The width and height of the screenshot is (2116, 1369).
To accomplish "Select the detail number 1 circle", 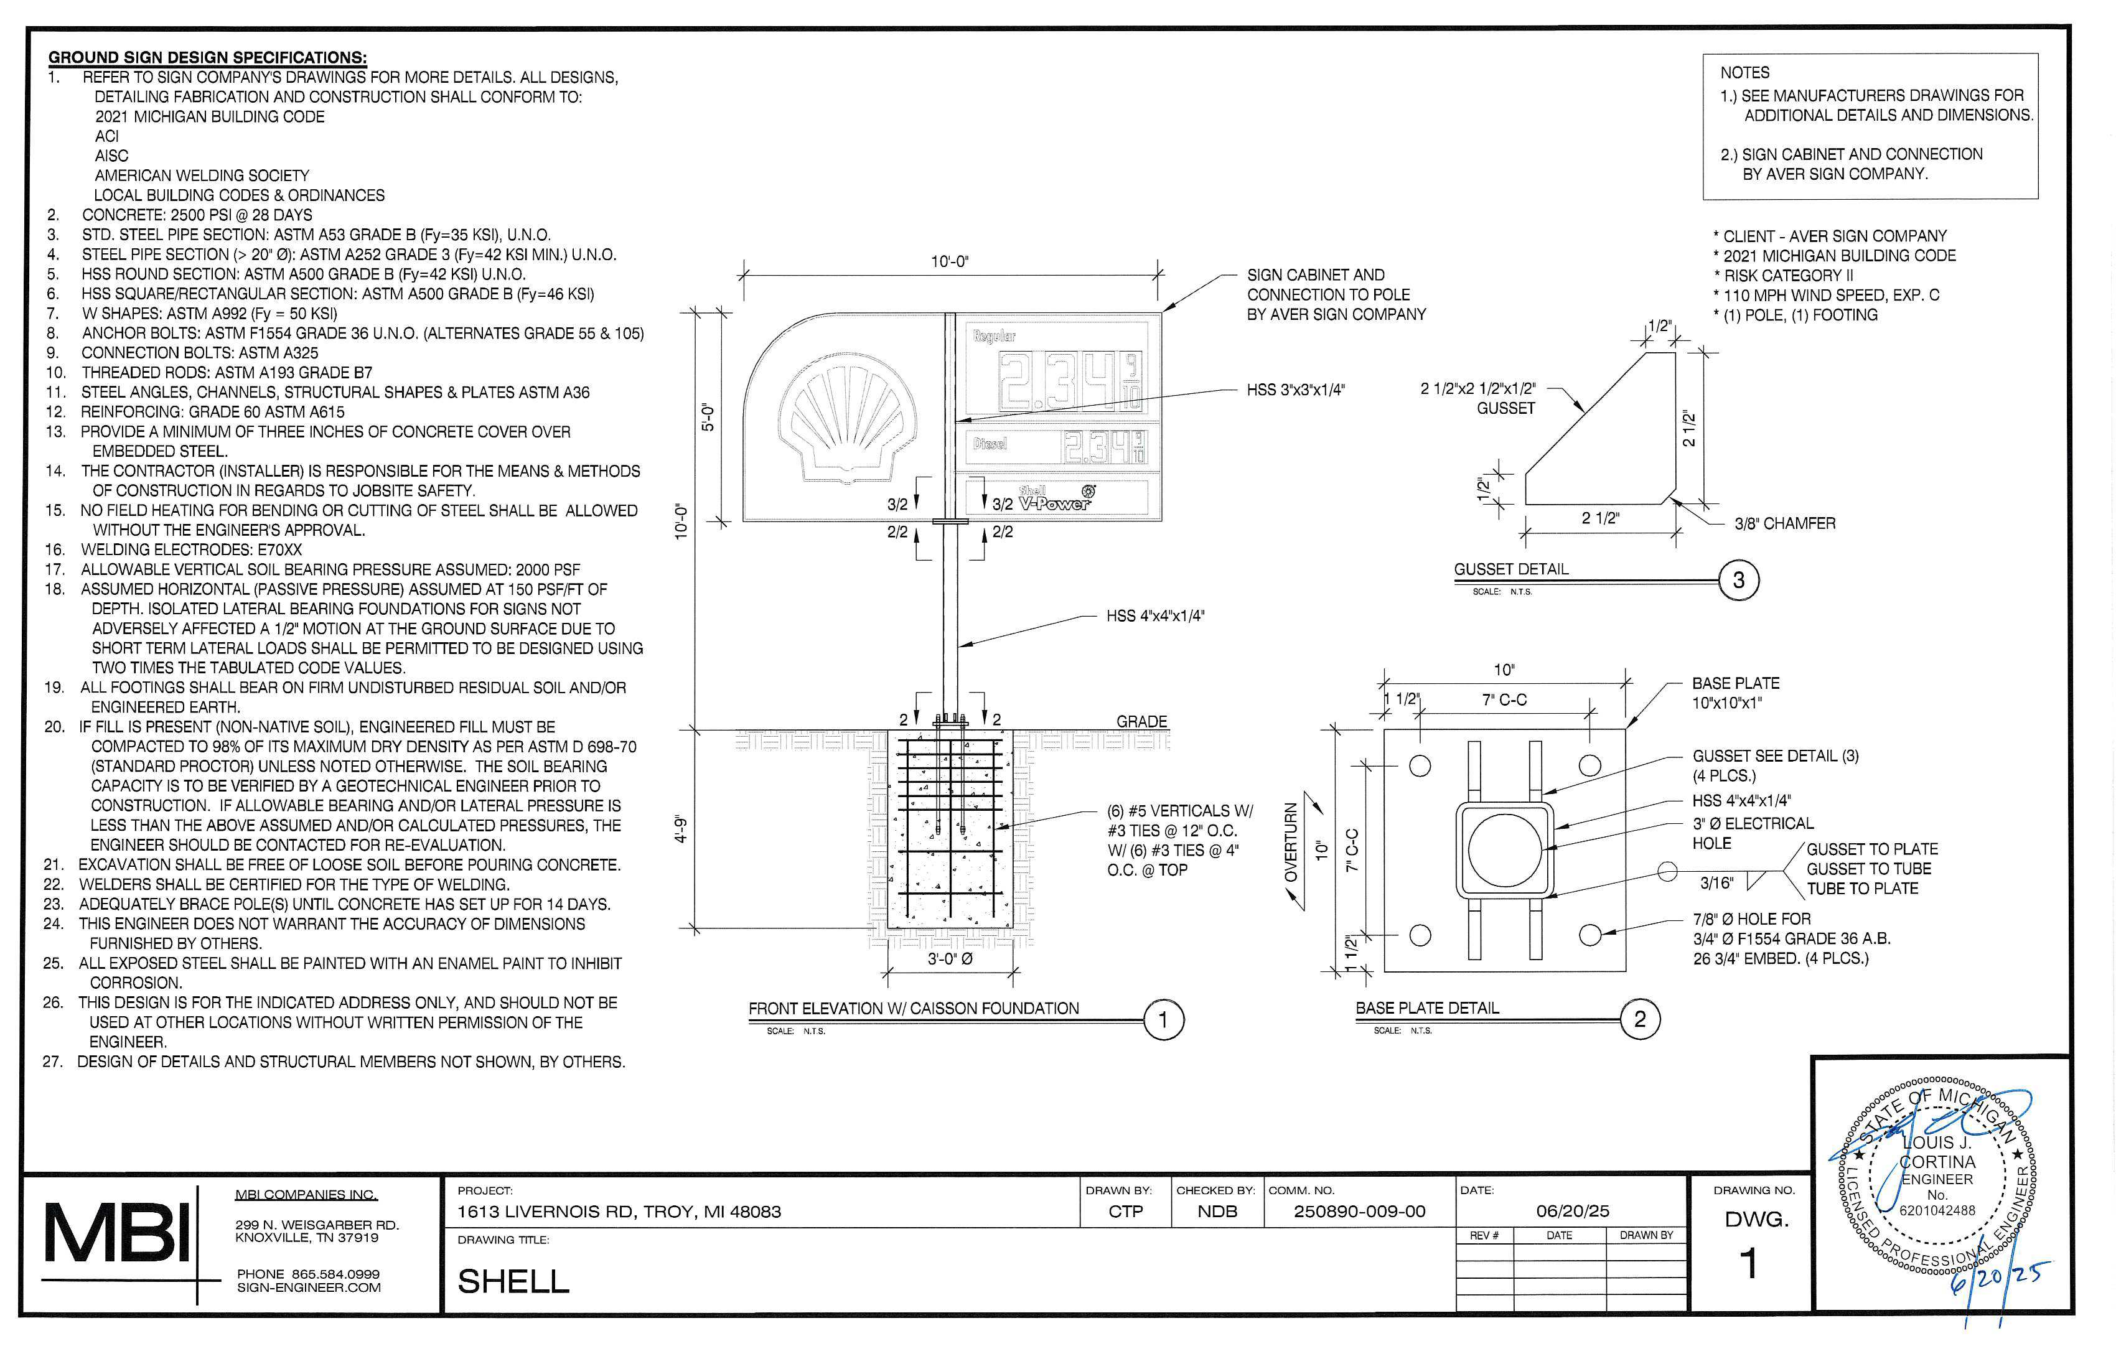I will pyautogui.click(x=1163, y=1020).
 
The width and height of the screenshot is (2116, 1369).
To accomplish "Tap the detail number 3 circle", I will pyautogui.click(x=1738, y=581).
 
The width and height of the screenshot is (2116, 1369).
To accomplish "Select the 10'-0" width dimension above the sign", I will pyautogui.click(x=950, y=261).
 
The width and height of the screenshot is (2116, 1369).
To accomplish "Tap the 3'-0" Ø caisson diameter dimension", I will pyautogui.click(x=950, y=959).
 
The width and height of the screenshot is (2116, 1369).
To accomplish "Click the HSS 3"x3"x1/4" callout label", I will pyautogui.click(x=1295, y=390).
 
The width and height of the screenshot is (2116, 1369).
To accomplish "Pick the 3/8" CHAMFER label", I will pyautogui.click(x=1784, y=523).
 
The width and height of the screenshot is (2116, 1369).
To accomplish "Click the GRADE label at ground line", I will pyautogui.click(x=1141, y=721).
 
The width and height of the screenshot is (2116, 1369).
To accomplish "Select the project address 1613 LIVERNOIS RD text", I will pyautogui.click(x=619, y=1212).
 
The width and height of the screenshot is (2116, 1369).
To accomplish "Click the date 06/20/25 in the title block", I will pyautogui.click(x=1573, y=1211).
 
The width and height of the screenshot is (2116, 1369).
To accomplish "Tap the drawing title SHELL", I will pyautogui.click(x=513, y=1281).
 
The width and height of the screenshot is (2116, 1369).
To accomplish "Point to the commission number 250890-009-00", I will pyautogui.click(x=1359, y=1212).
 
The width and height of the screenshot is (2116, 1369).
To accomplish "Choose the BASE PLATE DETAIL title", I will pyautogui.click(x=1427, y=1008).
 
